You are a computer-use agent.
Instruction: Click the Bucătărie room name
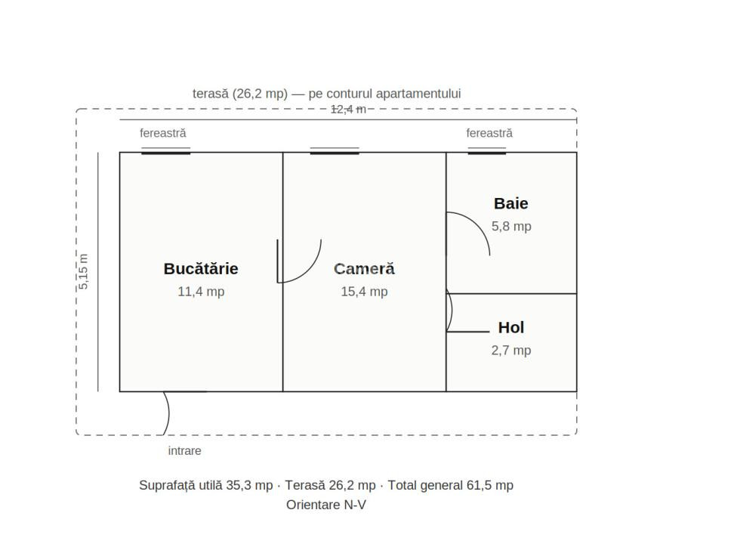[201, 269]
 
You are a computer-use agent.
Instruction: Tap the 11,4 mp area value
[201, 292]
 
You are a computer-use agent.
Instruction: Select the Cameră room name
[364, 269]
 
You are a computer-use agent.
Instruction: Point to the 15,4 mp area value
[364, 292]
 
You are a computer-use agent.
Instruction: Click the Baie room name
[511, 203]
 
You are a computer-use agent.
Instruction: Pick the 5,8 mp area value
[512, 226]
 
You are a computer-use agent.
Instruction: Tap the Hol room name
[511, 327]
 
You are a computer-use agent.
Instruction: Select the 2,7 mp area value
[511, 350]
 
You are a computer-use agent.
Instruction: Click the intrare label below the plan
[184, 450]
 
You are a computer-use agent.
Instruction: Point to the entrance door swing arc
[168, 413]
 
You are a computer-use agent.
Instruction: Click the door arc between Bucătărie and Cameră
[309, 271]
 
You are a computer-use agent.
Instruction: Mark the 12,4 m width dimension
[348, 110]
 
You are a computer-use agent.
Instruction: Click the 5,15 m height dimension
[83, 271]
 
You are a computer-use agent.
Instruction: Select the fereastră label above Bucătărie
[163, 133]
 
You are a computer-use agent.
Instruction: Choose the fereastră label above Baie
[489, 133]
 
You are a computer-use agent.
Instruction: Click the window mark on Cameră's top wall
[335, 151]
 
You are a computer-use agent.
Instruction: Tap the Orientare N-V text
[326, 505]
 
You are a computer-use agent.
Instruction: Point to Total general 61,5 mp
[451, 485]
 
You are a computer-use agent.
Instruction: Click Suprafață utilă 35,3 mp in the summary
[205, 485]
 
